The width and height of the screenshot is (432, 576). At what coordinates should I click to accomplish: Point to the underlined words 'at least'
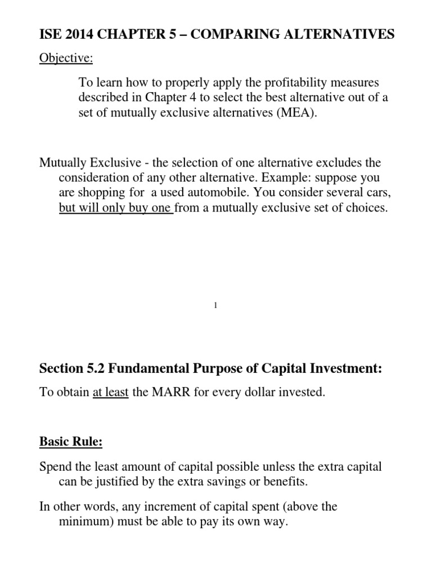(x=111, y=393)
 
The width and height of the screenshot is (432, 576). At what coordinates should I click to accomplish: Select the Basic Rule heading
(x=71, y=442)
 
